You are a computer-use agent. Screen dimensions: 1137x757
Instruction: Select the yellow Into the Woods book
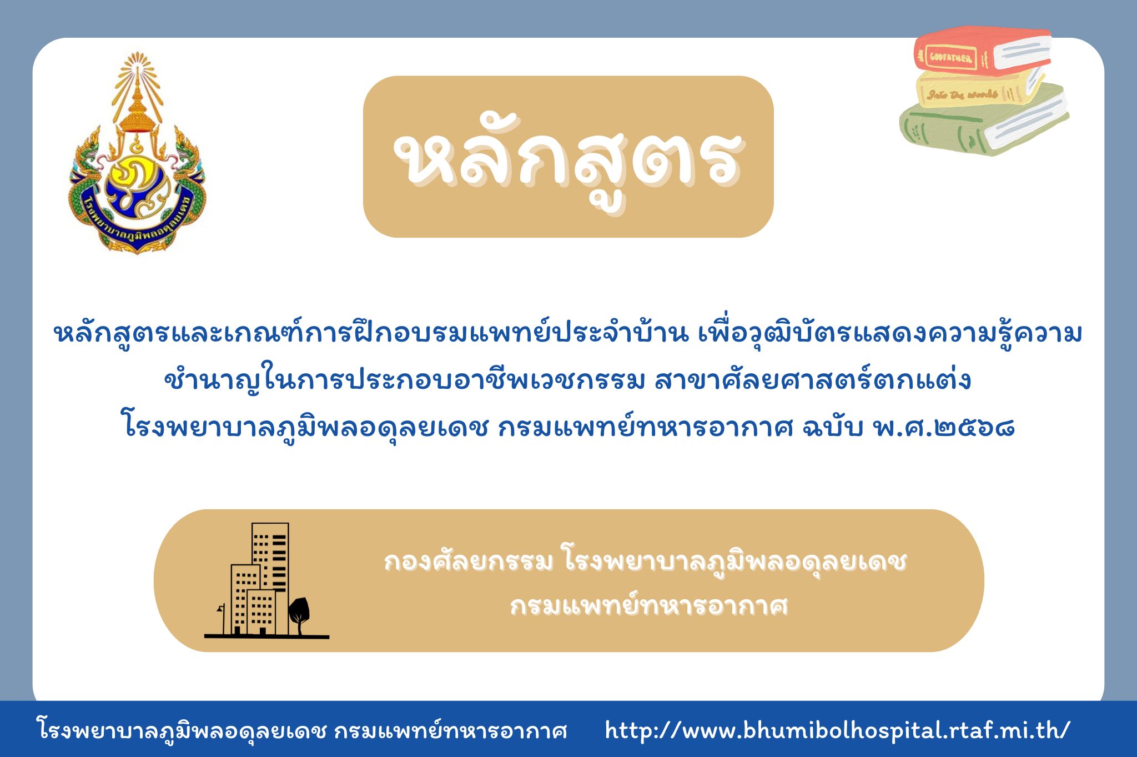coord(980,91)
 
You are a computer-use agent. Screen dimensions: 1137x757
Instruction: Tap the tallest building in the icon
coord(270,578)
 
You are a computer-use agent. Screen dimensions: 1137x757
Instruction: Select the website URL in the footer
coord(837,730)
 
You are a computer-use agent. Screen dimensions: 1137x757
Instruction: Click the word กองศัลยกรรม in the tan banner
coord(468,562)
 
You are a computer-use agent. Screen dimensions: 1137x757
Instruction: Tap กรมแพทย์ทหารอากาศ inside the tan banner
coord(649,606)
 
